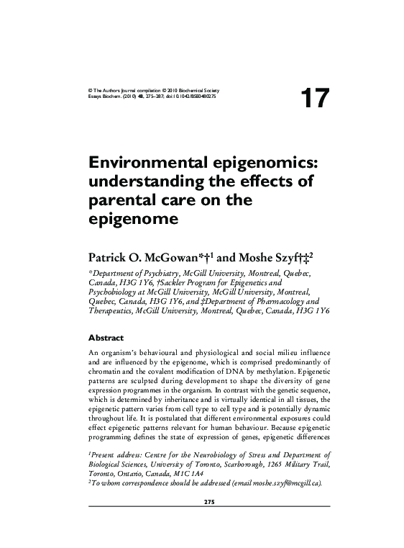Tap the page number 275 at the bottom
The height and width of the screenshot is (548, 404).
pyautogui.click(x=202, y=502)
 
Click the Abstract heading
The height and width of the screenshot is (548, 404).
pyautogui.click(x=106, y=337)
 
